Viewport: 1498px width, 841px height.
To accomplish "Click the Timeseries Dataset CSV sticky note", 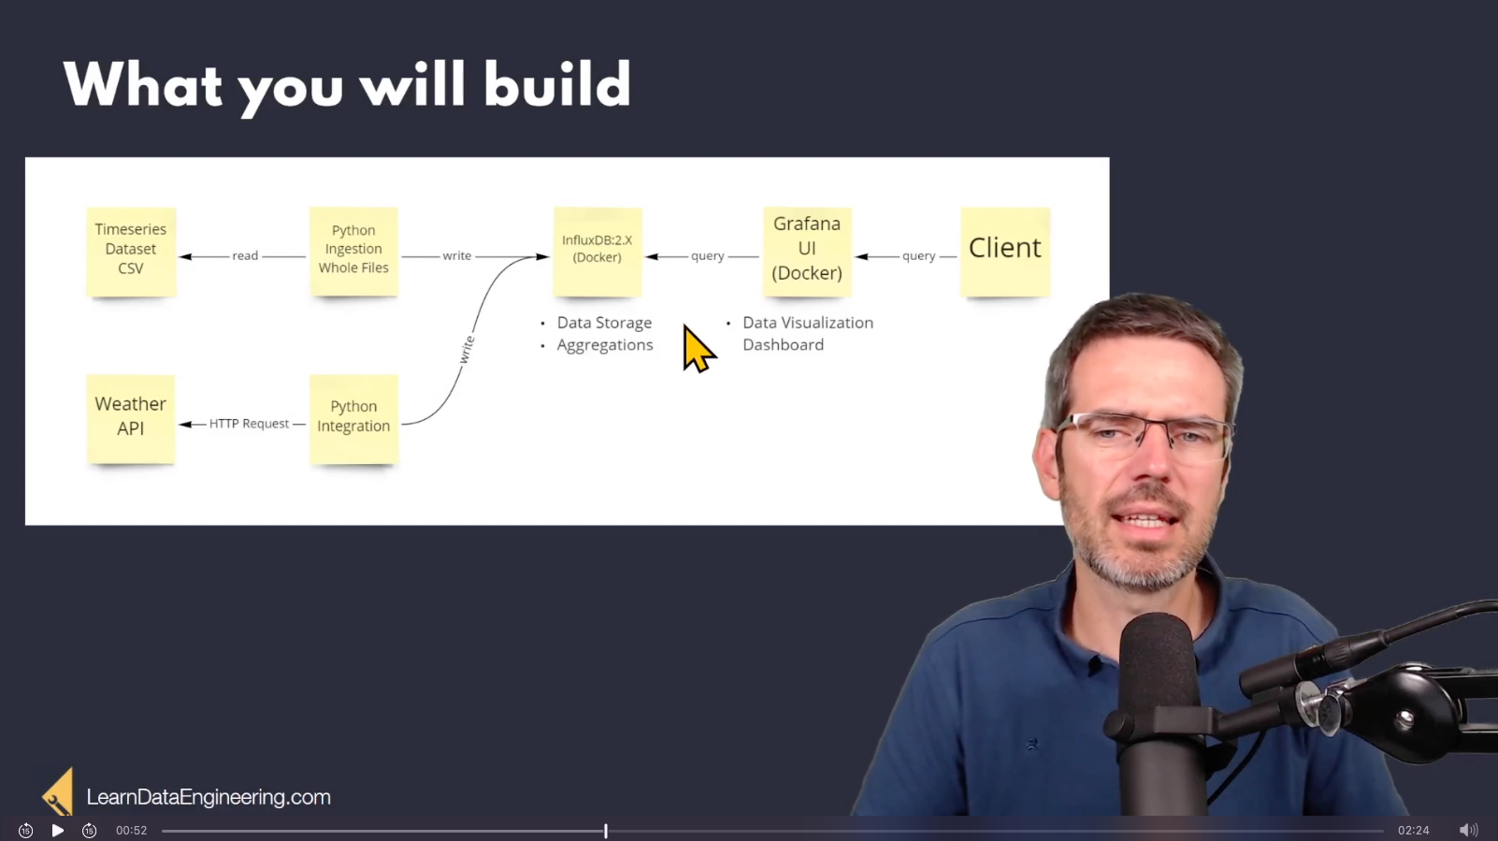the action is (x=131, y=252).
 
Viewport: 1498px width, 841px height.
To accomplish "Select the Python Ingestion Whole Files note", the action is (x=353, y=252).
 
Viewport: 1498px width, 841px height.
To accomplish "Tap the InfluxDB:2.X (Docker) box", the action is (x=598, y=252).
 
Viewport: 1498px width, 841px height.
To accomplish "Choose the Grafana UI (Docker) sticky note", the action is (x=807, y=252).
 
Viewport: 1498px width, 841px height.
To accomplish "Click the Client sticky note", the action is (x=1005, y=252).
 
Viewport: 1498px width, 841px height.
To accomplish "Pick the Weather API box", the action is (x=131, y=419).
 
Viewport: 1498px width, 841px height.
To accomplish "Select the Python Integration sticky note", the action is (x=353, y=419).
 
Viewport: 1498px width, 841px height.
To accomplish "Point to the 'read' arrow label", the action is (x=245, y=255).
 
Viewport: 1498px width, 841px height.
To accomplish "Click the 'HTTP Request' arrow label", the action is (x=249, y=424).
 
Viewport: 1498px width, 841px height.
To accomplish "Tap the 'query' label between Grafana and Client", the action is (x=919, y=256).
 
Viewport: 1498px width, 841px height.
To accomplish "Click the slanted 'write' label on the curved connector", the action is (x=467, y=349).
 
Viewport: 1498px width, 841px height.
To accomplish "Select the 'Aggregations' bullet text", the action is (x=605, y=345).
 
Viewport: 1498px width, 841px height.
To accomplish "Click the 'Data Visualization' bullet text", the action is (x=808, y=323).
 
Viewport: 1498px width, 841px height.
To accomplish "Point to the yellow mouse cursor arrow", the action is (x=699, y=349).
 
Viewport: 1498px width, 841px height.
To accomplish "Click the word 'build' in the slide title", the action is (x=557, y=84).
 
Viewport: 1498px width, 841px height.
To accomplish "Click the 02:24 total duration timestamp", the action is (x=1413, y=831).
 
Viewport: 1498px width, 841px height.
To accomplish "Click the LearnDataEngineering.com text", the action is (x=209, y=797).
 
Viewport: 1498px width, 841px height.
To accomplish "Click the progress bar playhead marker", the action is (x=606, y=831).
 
